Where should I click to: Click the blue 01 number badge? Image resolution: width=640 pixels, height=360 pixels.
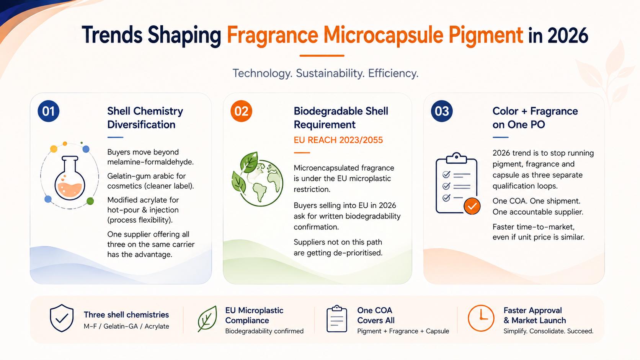(48, 111)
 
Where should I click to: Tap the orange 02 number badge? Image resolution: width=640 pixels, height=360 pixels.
(241, 111)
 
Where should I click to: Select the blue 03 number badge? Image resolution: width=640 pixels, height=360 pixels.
(442, 111)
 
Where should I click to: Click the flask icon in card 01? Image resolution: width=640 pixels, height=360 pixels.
(70, 178)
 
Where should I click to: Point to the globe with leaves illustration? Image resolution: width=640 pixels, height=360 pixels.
(257, 179)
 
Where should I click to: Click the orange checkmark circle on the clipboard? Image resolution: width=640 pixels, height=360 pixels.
(472, 206)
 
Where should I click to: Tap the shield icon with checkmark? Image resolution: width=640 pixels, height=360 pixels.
(61, 318)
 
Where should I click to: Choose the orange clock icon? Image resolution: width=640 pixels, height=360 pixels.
(481, 318)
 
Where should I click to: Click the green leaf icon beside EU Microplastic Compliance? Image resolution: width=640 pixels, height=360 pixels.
(207, 319)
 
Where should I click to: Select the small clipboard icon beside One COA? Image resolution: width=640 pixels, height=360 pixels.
(336, 319)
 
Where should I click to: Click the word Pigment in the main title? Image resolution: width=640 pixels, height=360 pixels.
(486, 36)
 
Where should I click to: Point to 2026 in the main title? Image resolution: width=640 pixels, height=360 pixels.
(568, 36)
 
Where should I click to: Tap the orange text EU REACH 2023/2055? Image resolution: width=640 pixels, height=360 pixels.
(338, 140)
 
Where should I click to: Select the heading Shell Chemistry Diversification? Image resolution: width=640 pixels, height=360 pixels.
(145, 117)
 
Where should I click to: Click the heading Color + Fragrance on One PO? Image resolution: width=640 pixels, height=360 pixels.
(535, 117)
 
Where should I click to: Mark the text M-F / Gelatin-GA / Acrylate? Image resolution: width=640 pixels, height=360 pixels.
(126, 326)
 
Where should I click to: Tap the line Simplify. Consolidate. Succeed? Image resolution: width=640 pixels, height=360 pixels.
(548, 331)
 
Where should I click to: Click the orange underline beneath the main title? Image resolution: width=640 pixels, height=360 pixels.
(322, 56)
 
